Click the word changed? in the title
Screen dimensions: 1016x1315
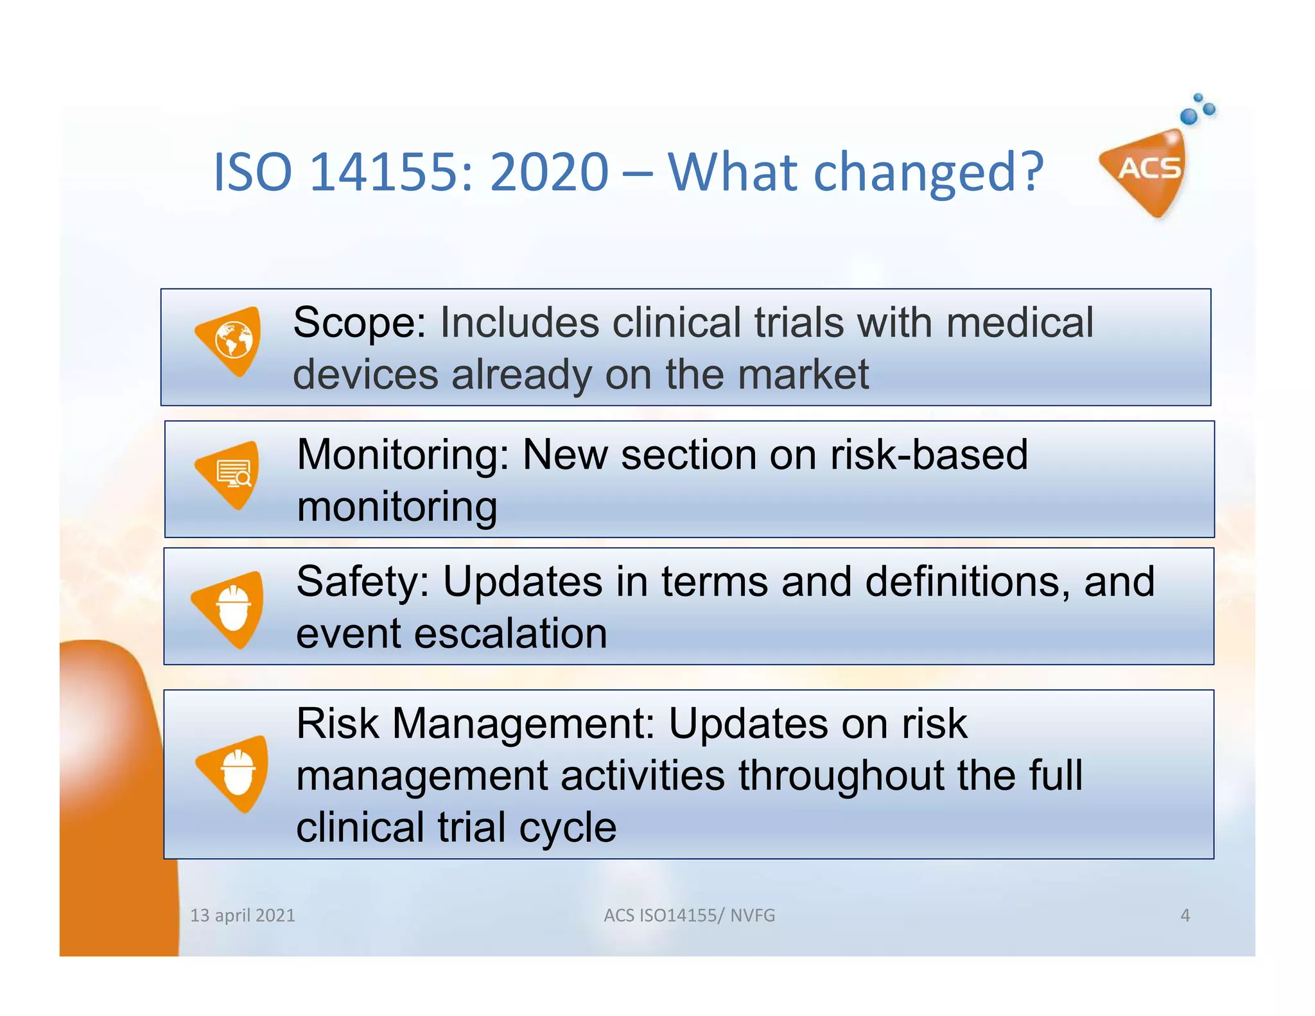pyautogui.click(x=928, y=172)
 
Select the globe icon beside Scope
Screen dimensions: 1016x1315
pyautogui.click(x=232, y=340)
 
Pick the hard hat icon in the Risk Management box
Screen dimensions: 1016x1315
pyautogui.click(x=237, y=773)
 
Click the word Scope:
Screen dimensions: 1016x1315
pyautogui.click(x=359, y=322)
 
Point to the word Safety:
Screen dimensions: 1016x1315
pyautogui.click(x=362, y=582)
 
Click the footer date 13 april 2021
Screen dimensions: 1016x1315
pyautogui.click(x=243, y=915)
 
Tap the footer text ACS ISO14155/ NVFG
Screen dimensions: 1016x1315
pyautogui.click(x=689, y=915)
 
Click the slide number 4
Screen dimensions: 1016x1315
pyautogui.click(x=1185, y=915)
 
